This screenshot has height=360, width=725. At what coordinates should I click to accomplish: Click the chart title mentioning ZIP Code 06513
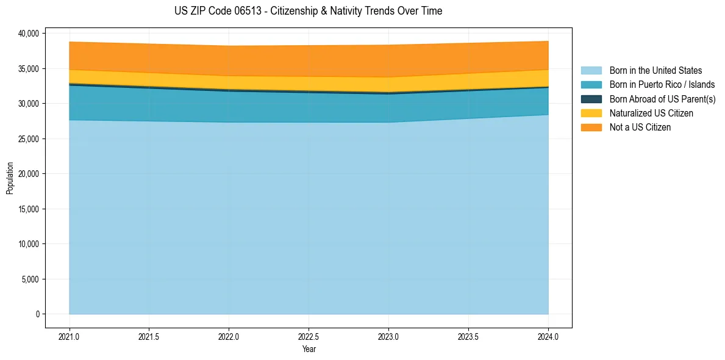[x=308, y=11]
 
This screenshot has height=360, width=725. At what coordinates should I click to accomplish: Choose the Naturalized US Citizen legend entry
[x=651, y=113]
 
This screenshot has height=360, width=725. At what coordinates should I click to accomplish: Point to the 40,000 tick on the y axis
[x=29, y=33]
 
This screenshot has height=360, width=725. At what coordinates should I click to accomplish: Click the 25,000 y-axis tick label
[x=29, y=139]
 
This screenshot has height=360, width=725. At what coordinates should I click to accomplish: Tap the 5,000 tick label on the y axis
[x=31, y=279]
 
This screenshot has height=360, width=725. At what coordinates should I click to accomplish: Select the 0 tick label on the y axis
[x=37, y=314]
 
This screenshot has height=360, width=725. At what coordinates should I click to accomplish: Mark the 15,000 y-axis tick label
[x=29, y=209]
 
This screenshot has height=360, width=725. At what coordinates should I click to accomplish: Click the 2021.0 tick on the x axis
[x=70, y=336]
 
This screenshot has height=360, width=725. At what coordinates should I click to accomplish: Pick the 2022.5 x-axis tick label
[x=309, y=336]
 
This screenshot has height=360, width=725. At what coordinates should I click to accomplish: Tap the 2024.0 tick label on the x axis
[x=548, y=336]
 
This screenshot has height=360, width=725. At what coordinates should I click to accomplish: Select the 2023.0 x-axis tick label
[x=388, y=336]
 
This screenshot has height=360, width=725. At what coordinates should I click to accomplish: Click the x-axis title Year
[x=309, y=350]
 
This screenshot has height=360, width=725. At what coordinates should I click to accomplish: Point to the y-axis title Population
[x=10, y=178]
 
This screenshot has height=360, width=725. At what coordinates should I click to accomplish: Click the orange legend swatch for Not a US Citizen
[x=591, y=128]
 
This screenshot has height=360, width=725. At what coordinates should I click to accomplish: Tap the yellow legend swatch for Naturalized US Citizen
[x=591, y=113]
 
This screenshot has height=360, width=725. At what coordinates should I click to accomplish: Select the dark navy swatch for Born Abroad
[x=591, y=99]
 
